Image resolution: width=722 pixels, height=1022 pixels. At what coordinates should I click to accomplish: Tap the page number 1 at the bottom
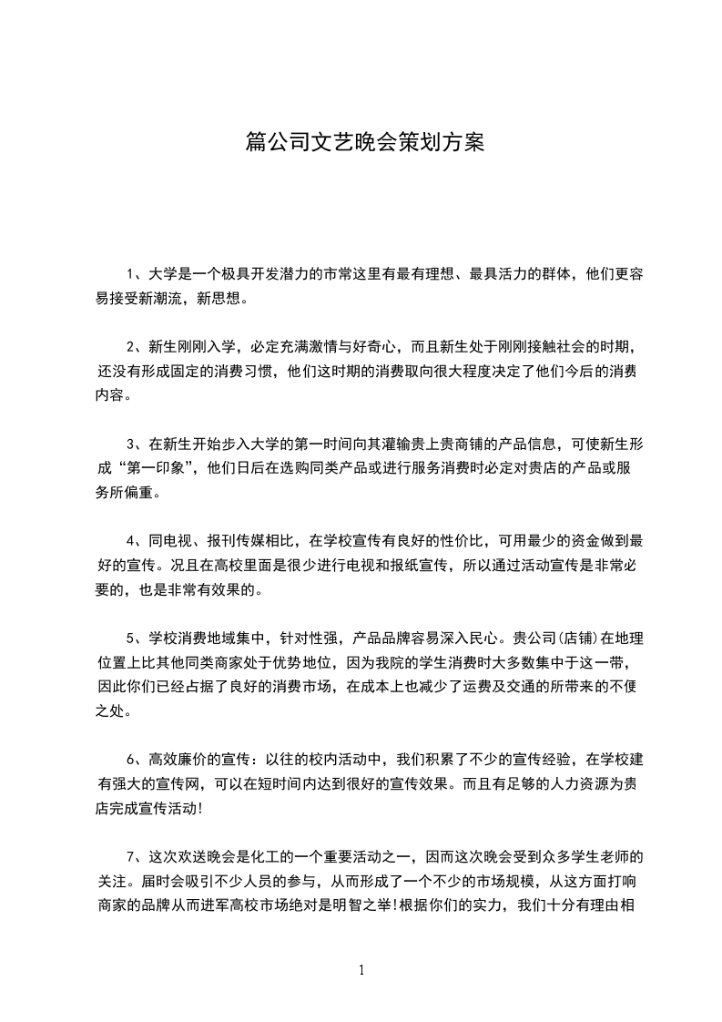click(361, 970)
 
